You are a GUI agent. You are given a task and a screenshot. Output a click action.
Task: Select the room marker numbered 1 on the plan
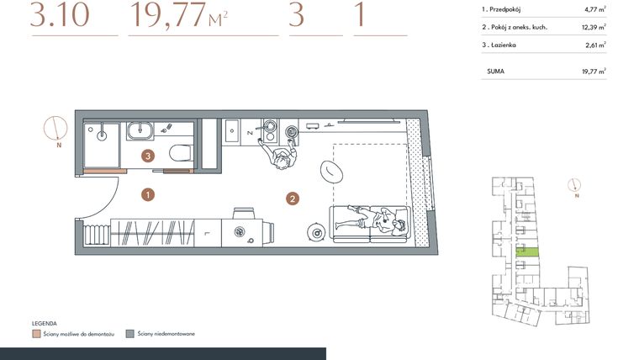[147, 194]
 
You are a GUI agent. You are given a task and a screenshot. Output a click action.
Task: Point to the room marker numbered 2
[292, 199]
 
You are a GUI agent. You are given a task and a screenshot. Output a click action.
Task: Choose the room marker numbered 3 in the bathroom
[147, 156]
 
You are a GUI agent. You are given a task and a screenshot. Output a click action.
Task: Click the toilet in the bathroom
[178, 154]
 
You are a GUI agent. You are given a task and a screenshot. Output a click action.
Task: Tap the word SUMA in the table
[496, 72]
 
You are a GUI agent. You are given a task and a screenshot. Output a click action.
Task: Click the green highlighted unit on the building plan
[527, 251]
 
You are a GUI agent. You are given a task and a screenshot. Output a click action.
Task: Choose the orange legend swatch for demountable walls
[36, 334]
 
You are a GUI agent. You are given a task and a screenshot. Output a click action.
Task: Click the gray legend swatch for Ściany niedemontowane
[129, 334]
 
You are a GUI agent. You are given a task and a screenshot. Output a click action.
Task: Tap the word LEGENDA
[45, 323]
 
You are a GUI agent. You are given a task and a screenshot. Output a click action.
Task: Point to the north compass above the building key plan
[575, 185]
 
